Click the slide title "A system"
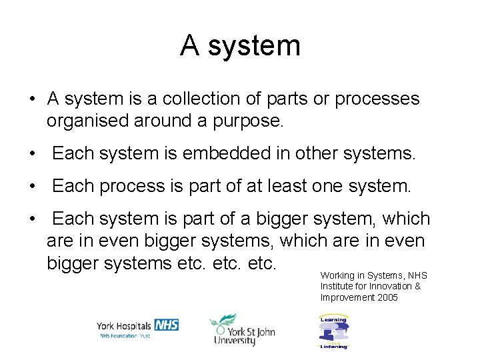coord(240,46)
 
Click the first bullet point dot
coord(32,100)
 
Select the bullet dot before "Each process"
coord(32,187)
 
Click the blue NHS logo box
coord(166,325)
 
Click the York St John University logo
coord(241,330)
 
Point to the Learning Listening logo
coord(333,331)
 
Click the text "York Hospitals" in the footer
coord(124,326)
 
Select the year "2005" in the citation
coord(386,298)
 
